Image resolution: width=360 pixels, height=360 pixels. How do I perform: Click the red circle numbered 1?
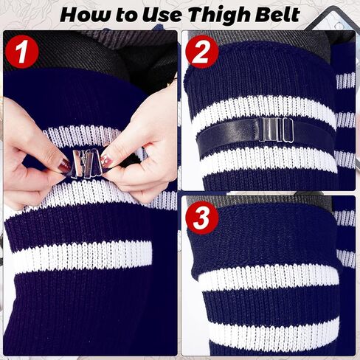(x=21, y=52)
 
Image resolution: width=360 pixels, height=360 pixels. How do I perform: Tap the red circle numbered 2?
(x=202, y=52)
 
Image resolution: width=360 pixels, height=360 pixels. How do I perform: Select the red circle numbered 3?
(x=202, y=218)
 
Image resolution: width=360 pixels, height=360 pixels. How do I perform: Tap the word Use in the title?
(x=162, y=15)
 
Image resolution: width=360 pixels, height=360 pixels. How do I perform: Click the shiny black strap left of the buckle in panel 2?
(x=230, y=135)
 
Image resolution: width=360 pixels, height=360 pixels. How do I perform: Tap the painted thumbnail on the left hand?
(x=63, y=165)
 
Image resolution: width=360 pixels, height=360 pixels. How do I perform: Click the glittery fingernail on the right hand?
(x=106, y=159)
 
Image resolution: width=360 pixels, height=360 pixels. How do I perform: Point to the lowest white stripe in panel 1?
(x=83, y=257)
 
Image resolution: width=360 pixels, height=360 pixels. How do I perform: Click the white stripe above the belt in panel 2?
(x=263, y=112)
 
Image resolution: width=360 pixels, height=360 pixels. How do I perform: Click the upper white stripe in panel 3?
(x=269, y=278)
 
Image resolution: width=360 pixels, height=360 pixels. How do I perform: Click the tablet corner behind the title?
(x=330, y=20)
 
